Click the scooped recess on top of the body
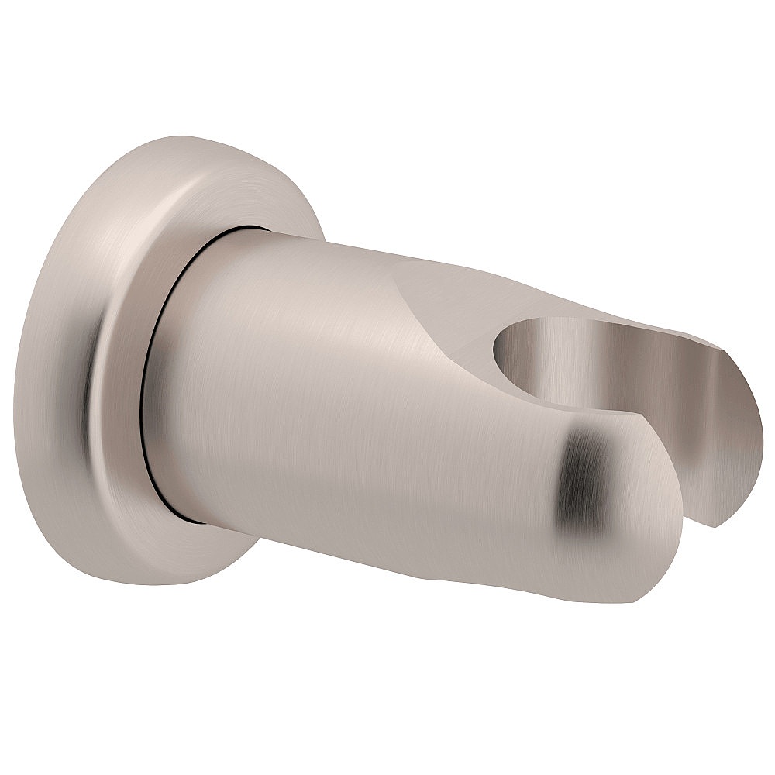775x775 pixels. coord(449,294)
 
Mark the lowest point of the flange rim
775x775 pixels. coord(155,585)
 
